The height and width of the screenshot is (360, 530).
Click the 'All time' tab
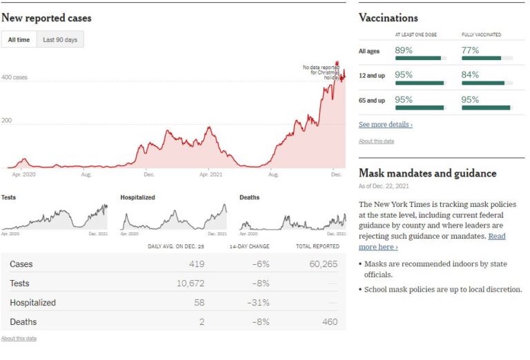click(x=19, y=40)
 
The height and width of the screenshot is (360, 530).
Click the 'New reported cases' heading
click(x=46, y=18)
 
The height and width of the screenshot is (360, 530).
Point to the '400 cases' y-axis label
click(x=14, y=78)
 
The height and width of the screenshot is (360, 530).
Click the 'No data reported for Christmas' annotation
click(x=322, y=70)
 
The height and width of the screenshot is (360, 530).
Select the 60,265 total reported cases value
click(x=322, y=264)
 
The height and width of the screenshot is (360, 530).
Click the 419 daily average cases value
click(x=197, y=264)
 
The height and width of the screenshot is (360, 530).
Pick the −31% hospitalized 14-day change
click(x=258, y=303)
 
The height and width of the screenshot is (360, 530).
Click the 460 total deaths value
click(x=330, y=322)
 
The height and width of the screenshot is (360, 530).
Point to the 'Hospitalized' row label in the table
click(x=32, y=303)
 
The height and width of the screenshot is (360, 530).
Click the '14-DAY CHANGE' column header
click(x=249, y=246)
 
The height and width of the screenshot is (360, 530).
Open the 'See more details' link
click(x=386, y=125)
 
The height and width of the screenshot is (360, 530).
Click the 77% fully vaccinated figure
click(x=471, y=50)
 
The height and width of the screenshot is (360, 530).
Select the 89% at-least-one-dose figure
click(x=404, y=50)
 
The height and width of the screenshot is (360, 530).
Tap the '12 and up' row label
click(x=371, y=76)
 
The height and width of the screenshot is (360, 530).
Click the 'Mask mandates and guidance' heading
click(x=427, y=173)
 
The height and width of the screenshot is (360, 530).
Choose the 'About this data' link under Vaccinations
click(x=376, y=141)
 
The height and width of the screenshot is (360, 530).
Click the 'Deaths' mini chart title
click(x=249, y=198)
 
